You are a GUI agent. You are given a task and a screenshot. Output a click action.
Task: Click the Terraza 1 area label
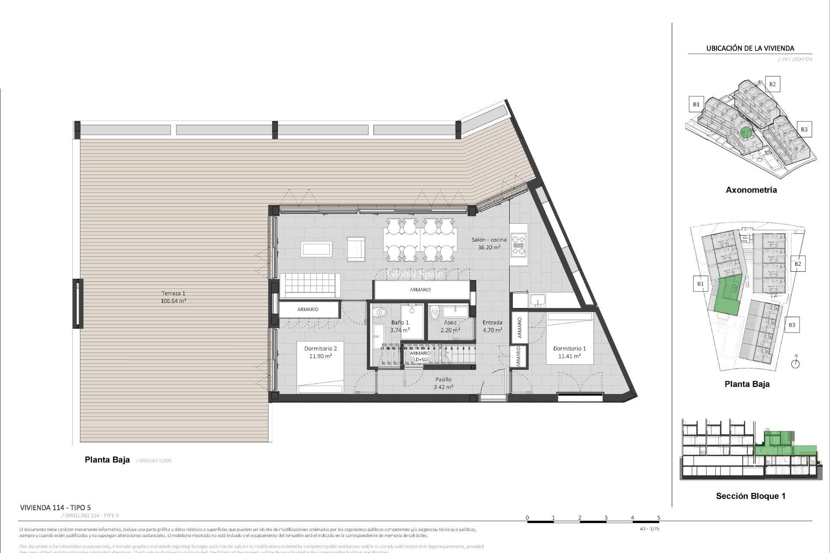tap(173, 297)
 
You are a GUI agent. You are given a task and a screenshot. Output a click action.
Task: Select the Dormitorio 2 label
tap(320, 352)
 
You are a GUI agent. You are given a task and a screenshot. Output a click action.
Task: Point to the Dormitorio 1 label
tap(569, 352)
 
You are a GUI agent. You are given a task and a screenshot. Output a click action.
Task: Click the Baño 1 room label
tap(400, 326)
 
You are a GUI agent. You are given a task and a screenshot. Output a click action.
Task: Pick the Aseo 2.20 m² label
tap(450, 326)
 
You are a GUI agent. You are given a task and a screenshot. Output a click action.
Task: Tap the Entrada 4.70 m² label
tap(492, 326)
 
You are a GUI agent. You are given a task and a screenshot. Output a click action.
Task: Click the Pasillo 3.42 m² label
tap(443, 383)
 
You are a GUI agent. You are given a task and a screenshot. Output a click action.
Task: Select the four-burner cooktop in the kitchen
tap(519, 245)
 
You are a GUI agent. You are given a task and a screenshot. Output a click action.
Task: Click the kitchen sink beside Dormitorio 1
tap(537, 300)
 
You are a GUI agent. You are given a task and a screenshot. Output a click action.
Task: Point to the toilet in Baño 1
tap(380, 311)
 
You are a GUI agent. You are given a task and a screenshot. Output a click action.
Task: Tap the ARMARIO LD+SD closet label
tap(420, 356)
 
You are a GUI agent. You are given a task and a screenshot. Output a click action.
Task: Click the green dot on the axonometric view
tap(744, 132)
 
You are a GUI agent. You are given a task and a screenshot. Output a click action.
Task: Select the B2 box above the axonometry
tap(772, 84)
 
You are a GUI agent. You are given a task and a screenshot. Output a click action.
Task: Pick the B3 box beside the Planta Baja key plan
tap(792, 325)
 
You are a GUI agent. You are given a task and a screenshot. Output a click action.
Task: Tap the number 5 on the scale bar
tap(658, 518)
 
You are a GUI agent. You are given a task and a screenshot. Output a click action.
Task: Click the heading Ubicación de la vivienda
tap(750, 48)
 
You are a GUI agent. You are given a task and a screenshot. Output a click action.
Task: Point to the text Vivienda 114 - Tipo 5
tap(55, 508)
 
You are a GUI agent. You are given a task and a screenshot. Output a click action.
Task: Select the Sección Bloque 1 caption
tap(750, 496)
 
